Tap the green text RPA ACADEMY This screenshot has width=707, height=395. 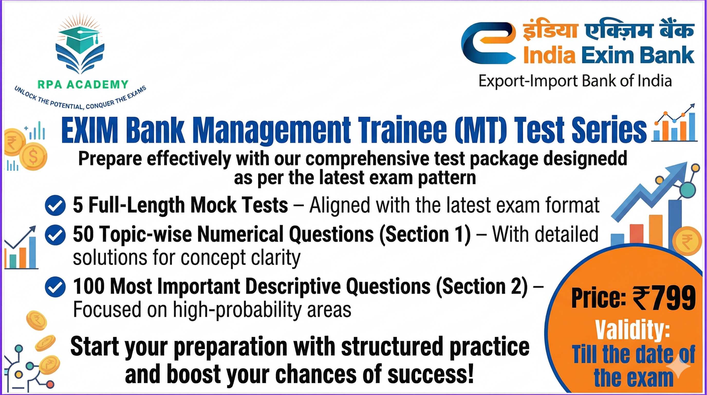click(83, 85)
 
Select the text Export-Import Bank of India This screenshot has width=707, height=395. click(575, 81)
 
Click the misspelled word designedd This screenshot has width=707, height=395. click(585, 159)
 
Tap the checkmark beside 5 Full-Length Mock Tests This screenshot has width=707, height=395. click(55, 205)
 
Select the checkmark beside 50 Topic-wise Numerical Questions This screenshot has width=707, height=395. click(55, 235)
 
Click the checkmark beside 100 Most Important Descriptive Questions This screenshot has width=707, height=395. click(55, 287)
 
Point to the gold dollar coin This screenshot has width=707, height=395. click(34, 157)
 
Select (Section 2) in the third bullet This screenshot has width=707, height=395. click(482, 286)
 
